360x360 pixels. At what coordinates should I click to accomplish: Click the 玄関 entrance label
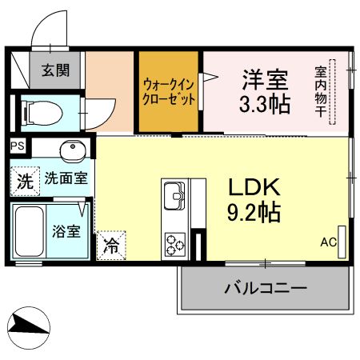(x=55, y=70)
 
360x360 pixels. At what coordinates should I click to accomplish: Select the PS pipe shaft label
(x=18, y=147)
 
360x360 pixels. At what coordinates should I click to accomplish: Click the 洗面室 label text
(x=66, y=179)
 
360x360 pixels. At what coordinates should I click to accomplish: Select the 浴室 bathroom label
(x=66, y=232)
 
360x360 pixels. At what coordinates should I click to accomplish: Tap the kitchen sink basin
(x=174, y=194)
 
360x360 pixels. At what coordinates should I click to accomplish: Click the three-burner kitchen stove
(x=174, y=242)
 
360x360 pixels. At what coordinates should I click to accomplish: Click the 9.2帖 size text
(x=254, y=213)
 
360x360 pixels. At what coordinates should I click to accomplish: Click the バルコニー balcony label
(x=264, y=287)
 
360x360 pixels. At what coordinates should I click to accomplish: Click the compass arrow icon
(x=30, y=324)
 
